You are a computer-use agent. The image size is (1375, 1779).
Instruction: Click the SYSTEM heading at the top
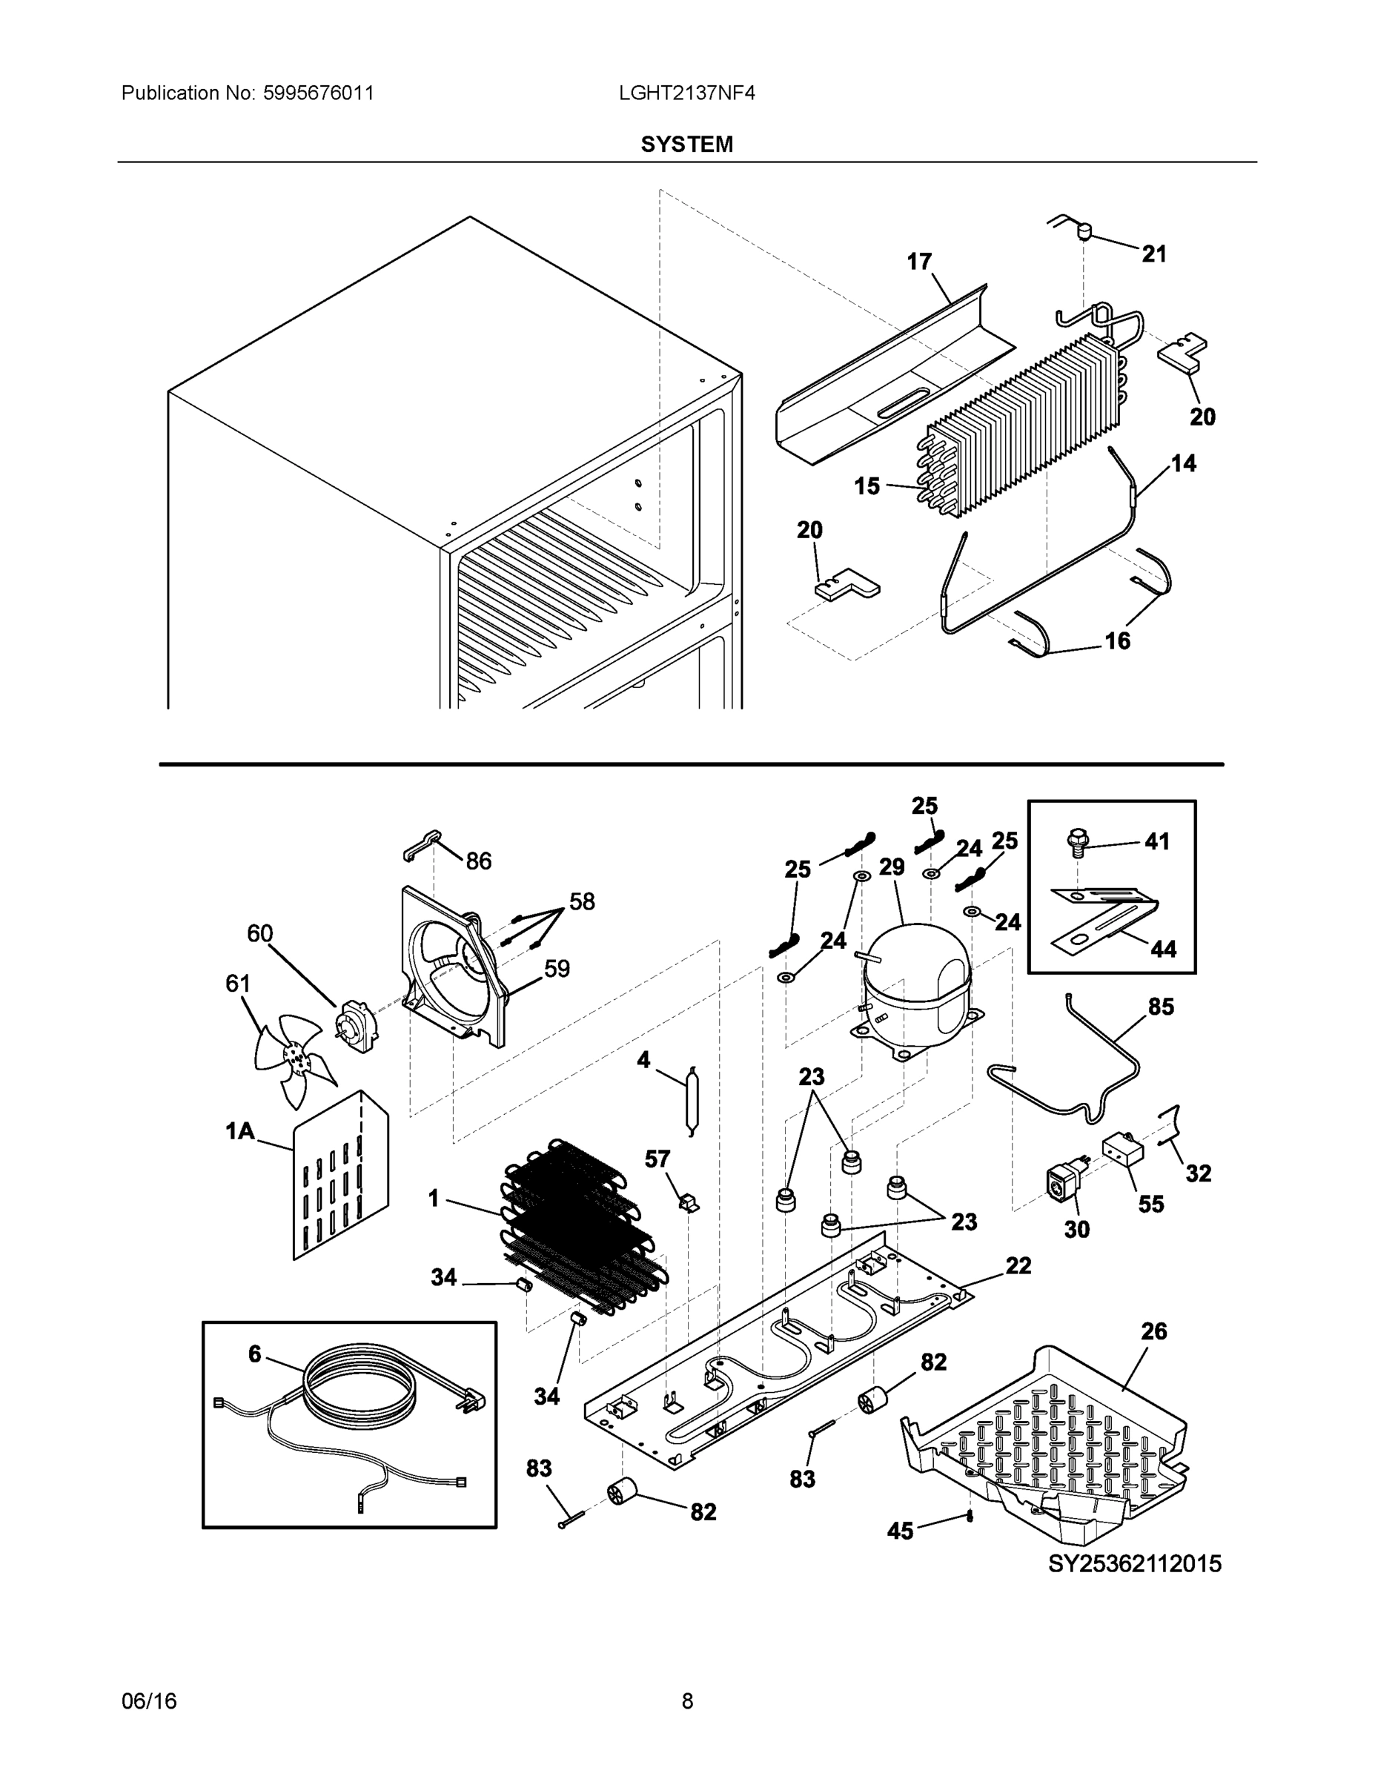coord(686,145)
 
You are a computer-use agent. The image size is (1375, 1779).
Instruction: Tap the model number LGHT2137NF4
coord(686,93)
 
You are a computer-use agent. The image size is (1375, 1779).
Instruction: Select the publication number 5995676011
coord(318,93)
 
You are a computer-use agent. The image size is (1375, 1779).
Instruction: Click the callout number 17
coord(919,262)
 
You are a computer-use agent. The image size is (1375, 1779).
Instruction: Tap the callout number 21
coord(1153,254)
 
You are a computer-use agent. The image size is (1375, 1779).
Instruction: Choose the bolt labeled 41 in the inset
coord(1078,842)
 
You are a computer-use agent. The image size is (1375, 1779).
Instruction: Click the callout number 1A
coord(239,1130)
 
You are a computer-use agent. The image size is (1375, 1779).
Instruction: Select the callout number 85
coord(1161,1007)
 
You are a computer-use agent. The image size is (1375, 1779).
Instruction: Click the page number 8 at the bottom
coord(686,1701)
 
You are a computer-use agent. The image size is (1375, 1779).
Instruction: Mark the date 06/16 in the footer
coord(149,1701)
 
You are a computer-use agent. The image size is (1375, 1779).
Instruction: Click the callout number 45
coord(900,1531)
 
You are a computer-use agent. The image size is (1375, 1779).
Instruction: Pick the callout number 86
coord(479,861)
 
